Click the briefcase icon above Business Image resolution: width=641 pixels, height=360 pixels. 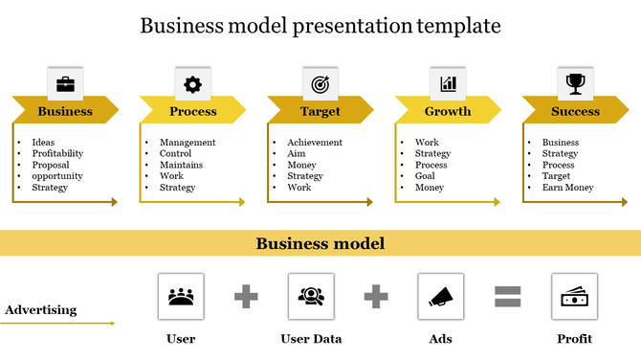(65, 84)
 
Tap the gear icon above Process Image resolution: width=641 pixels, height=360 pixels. (192, 84)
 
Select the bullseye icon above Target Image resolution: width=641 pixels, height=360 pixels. (320, 84)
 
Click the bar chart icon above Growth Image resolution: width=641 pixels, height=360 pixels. (448, 84)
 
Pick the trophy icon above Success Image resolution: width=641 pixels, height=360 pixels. (575, 84)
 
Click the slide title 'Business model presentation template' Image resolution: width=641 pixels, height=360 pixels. (320, 25)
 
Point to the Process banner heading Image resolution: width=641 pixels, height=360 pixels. (192, 111)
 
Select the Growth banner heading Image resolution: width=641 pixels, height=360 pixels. (448, 111)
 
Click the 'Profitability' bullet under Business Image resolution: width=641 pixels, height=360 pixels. (57, 153)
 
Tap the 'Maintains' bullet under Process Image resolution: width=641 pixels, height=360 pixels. (181, 165)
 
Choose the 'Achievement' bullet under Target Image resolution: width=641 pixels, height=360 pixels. (315, 143)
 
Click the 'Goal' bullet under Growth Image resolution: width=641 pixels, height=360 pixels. (426, 176)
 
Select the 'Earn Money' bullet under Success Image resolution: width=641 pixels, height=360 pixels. (560, 188)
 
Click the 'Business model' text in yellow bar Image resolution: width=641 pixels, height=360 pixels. (320, 244)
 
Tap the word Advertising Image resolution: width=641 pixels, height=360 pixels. (41, 310)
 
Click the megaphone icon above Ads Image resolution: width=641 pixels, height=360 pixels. (440, 296)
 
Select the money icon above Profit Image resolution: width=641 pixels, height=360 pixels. (574, 296)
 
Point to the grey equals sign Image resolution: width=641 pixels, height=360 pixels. (507, 297)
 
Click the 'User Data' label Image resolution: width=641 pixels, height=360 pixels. (311, 338)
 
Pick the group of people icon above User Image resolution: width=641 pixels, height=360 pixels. (180, 296)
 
